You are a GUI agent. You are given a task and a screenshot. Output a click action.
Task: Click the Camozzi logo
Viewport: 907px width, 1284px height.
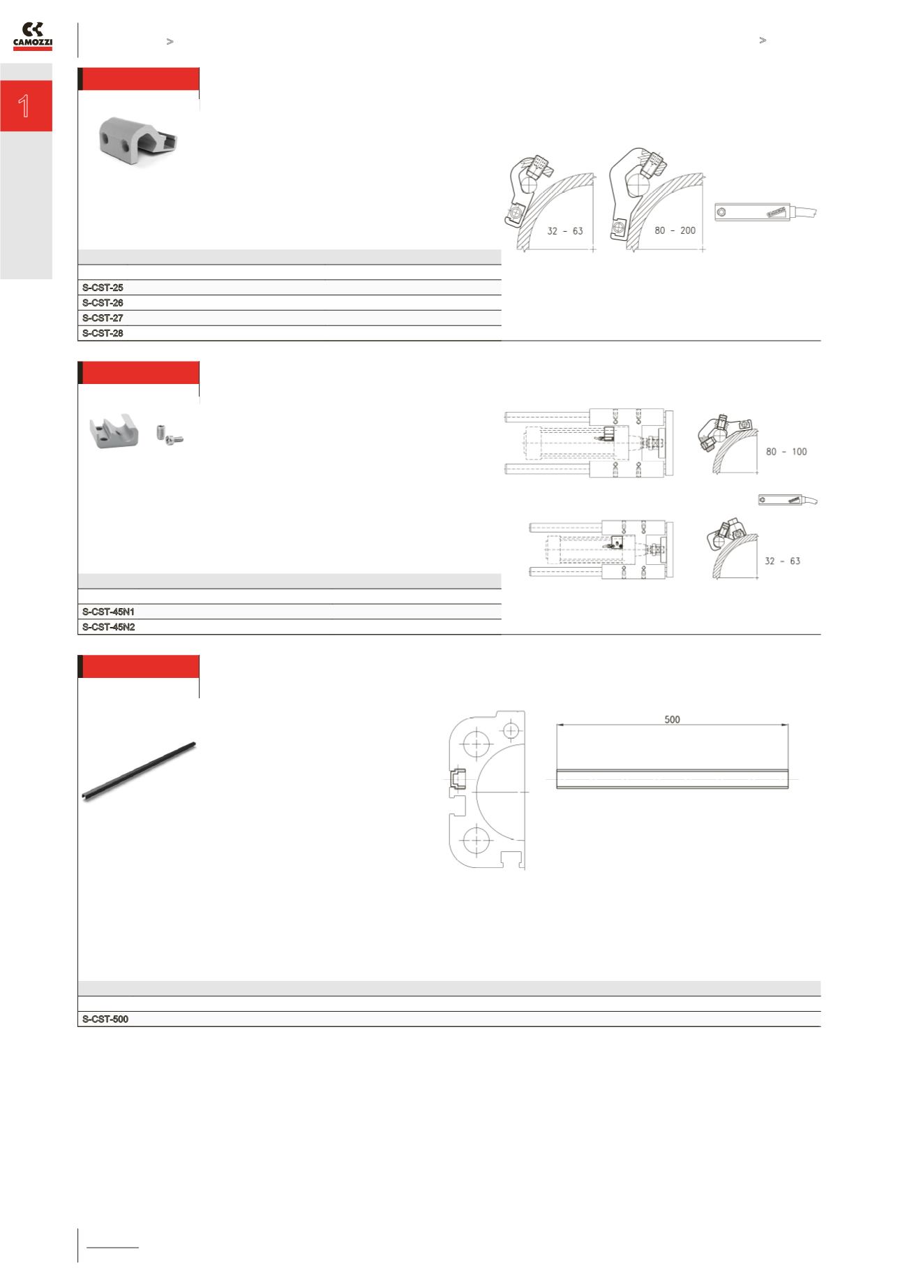tap(33, 36)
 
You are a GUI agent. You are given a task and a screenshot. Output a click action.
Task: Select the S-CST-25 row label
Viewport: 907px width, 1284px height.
tap(103, 288)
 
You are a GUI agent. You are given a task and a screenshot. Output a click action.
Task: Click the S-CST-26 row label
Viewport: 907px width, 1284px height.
tap(103, 303)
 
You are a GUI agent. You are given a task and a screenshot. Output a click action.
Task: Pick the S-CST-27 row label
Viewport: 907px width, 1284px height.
tap(103, 318)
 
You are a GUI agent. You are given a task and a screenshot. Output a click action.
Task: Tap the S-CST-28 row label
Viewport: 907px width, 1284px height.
tap(103, 334)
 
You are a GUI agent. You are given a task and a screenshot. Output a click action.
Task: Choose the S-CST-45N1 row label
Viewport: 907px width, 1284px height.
tap(108, 612)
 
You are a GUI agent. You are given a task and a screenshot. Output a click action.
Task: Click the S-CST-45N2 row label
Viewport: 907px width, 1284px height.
tap(108, 627)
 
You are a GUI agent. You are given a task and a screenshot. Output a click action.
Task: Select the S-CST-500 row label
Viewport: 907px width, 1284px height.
tap(105, 1019)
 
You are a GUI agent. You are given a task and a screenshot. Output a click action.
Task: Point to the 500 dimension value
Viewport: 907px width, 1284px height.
tap(672, 719)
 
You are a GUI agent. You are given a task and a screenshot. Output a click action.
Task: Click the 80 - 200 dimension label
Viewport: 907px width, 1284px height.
tap(675, 230)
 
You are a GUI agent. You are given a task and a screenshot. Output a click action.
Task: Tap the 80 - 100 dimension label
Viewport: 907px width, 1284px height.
tap(786, 452)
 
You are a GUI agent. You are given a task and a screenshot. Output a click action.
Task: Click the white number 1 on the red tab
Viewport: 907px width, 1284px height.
tap(25, 106)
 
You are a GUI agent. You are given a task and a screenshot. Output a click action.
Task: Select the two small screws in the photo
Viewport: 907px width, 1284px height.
tap(170, 436)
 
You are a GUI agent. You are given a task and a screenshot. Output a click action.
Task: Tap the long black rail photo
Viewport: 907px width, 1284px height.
tap(139, 772)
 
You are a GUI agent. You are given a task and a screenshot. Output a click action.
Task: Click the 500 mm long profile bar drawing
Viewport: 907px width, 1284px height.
tap(672, 778)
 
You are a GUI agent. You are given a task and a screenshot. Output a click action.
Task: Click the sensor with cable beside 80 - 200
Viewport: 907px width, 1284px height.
tap(765, 212)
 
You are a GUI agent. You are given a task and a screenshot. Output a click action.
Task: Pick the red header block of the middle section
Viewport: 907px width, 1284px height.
tap(140, 373)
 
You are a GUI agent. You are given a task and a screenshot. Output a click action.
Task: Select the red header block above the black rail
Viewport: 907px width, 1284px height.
tap(140, 667)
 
